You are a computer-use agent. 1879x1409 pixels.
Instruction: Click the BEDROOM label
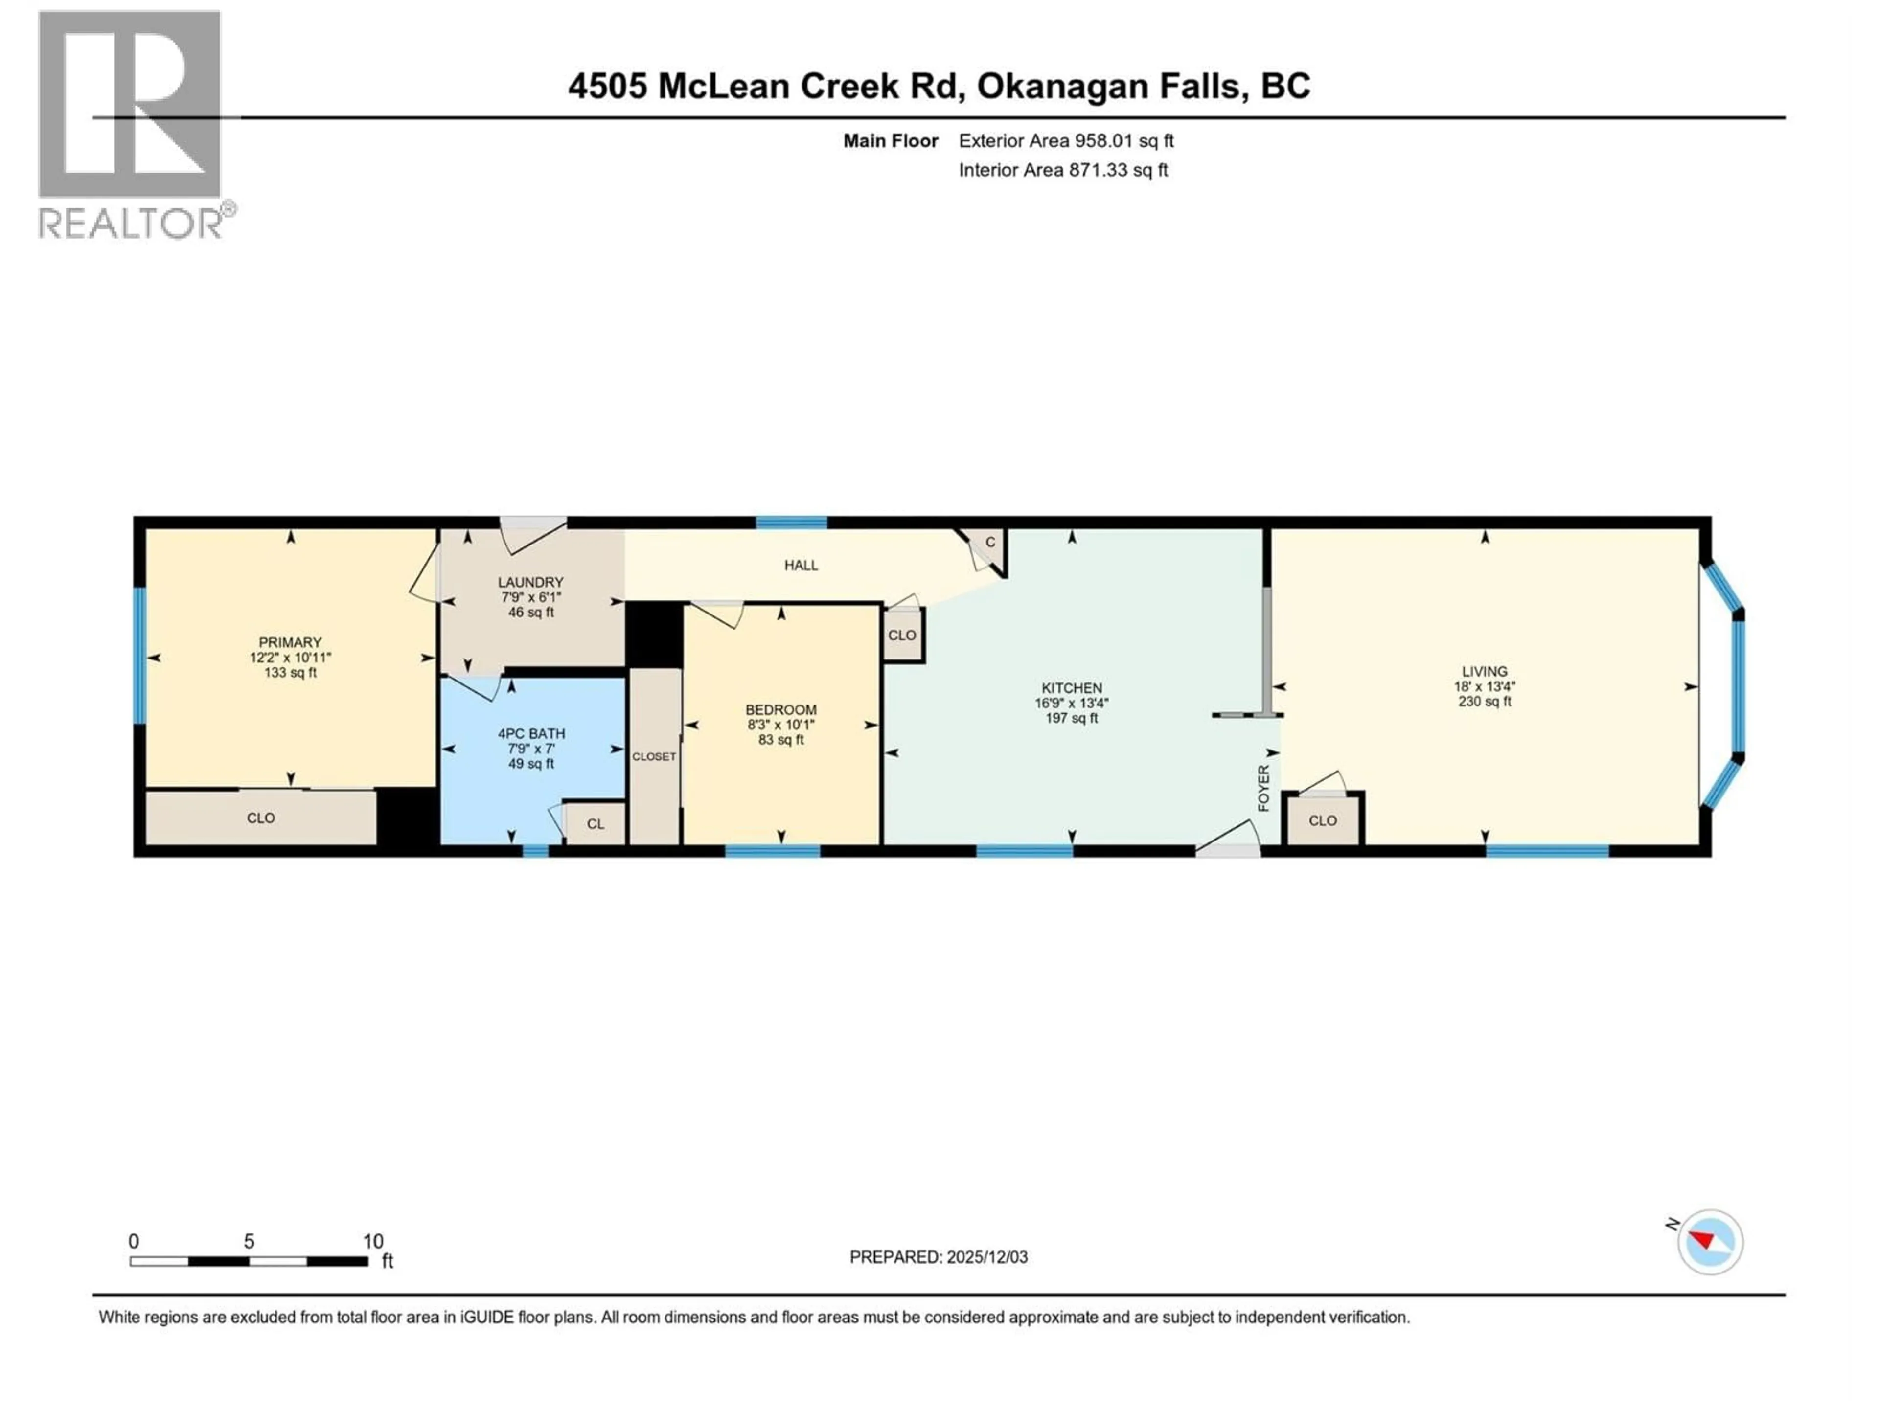[780, 710]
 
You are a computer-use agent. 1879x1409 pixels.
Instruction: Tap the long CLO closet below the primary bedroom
[261, 818]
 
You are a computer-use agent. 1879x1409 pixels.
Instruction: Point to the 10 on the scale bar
[373, 1242]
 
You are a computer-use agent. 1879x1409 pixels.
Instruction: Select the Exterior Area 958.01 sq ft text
[1066, 141]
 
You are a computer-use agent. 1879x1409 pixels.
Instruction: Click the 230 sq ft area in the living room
[1484, 702]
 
